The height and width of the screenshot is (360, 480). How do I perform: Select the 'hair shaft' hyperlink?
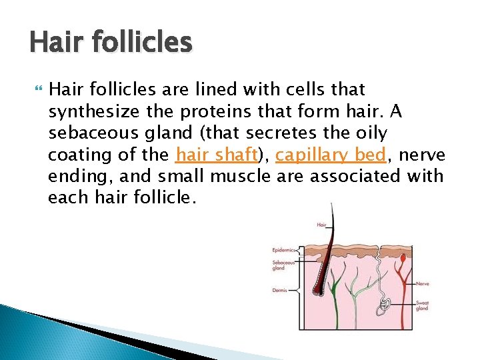[216, 155]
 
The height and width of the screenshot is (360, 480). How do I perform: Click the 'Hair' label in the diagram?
[321, 226]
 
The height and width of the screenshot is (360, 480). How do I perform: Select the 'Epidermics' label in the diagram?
[283, 250]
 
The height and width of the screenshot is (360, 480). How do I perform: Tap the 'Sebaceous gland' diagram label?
[279, 265]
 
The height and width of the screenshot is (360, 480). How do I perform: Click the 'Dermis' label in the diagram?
[279, 290]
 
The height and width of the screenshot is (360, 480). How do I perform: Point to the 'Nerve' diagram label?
[422, 283]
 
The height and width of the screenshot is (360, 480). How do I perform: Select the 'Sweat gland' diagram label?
[422, 305]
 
